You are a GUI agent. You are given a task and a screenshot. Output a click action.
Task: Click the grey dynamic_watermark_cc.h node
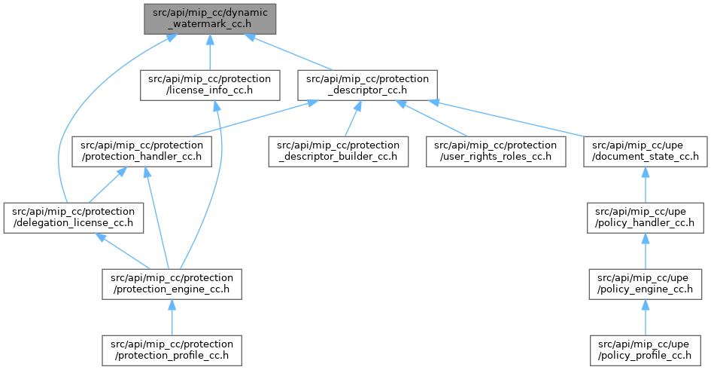pyautogui.click(x=209, y=18)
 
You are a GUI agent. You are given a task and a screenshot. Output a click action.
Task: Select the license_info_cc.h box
pyautogui.click(x=209, y=86)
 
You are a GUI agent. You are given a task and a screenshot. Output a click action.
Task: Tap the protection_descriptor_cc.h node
pyautogui.click(x=363, y=86)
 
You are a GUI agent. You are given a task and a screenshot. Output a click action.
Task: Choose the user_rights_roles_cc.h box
pyautogui.click(x=492, y=151)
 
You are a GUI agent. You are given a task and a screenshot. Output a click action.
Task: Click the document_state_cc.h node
pyautogui.click(x=646, y=151)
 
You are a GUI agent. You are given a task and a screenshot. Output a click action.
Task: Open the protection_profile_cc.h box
pyautogui.click(x=172, y=348)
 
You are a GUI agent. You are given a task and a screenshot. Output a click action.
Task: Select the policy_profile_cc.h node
pyautogui.click(x=646, y=348)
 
